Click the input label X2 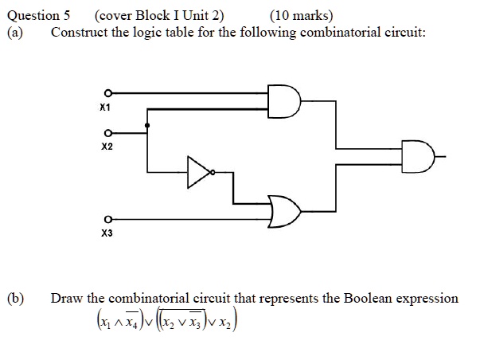pos(107,147)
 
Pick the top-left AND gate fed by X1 pos(285,99)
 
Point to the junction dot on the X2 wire pos(146,125)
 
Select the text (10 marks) pos(302,15)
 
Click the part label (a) pos(15,32)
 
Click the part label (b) pos(15,299)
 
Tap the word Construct pos(78,32)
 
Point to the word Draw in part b pos(67,299)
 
